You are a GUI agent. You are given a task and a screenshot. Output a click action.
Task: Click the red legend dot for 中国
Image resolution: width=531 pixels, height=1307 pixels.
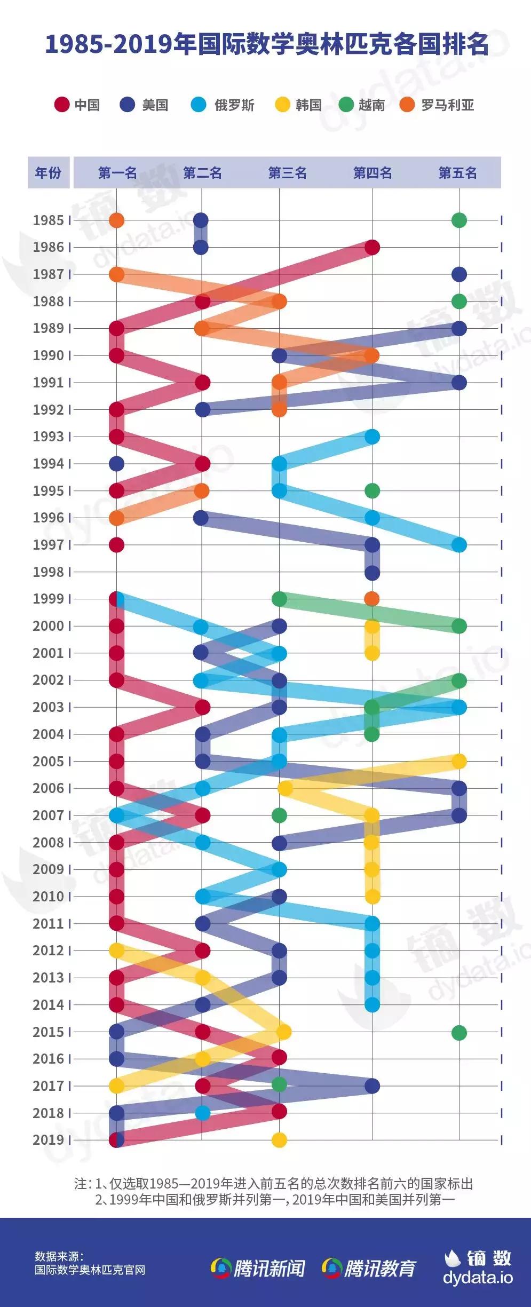[62, 105]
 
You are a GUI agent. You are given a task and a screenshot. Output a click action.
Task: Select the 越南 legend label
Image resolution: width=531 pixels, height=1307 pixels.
[371, 105]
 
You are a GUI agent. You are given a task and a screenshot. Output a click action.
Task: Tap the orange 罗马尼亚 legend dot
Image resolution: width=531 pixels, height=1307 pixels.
[407, 105]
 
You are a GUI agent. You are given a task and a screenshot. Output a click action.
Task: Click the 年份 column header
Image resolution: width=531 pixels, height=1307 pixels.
[48, 172]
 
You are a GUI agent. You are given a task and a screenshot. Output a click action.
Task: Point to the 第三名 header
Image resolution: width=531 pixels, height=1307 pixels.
[287, 172]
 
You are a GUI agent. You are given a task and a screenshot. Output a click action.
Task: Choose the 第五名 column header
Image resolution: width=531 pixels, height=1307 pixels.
[457, 172]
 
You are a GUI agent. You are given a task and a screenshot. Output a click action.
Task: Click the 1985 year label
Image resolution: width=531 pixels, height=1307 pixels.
[48, 220]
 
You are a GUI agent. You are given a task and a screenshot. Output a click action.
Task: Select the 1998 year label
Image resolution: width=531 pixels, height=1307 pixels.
[48, 572]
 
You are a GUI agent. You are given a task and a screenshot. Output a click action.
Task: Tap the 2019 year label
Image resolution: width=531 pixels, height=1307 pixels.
[48, 1139]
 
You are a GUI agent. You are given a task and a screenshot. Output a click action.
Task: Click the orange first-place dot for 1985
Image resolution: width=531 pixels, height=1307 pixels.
[116, 220]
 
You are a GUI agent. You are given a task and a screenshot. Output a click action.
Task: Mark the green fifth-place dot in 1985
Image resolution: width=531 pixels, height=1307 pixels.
[459, 220]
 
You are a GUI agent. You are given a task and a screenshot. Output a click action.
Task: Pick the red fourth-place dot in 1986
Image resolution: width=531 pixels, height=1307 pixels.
[372, 247]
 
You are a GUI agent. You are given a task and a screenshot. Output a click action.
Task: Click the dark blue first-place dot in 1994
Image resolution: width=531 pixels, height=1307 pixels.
[116, 463]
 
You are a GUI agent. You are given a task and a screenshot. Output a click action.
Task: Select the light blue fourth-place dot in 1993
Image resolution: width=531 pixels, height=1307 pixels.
[372, 437]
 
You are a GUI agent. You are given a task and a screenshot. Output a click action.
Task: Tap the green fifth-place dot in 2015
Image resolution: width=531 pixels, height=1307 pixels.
[459, 1032]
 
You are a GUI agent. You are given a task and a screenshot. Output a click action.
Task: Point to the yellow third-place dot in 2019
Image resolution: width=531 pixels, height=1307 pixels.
[279, 1140]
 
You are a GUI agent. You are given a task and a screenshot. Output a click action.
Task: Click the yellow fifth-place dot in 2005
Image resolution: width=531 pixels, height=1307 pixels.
[459, 761]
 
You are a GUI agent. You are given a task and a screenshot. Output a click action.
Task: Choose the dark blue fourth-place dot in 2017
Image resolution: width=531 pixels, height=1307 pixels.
[372, 1086]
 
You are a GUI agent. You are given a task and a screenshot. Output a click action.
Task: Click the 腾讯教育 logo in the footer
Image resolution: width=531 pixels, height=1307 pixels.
[369, 1268]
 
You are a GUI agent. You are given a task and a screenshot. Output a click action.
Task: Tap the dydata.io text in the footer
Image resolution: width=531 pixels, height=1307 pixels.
[478, 1278]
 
